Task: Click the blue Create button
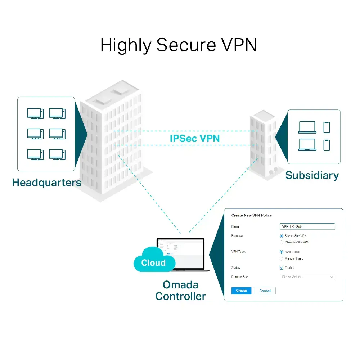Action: [241, 291]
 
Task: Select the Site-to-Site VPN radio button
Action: [282, 236]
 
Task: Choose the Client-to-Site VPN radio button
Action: [282, 242]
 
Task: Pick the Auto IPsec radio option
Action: [282, 252]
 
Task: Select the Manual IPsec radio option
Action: [282, 258]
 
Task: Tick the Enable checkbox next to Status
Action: [282, 268]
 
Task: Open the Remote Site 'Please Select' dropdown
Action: [307, 277]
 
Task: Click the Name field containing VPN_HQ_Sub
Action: [307, 226]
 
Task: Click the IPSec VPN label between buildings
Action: [194, 138]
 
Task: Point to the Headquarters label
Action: [46, 183]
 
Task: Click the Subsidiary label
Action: [312, 176]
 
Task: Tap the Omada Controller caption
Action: [180, 291]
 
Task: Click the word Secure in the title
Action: [186, 46]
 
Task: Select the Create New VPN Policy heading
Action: [251, 215]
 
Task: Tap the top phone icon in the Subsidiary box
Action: [327, 127]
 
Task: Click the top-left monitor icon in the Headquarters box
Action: [35, 113]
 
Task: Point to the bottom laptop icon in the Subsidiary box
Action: [307, 145]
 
